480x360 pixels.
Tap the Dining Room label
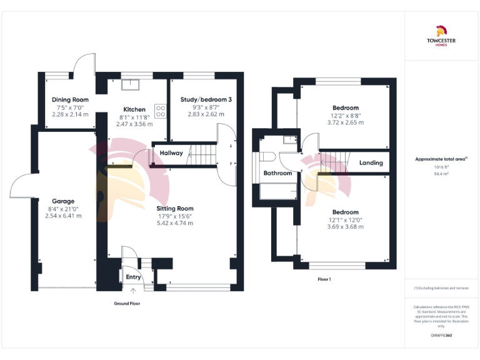pos(70,99)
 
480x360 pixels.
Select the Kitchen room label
pos(134,109)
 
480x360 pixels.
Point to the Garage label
pos(63,201)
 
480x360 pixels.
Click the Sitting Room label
pos(174,208)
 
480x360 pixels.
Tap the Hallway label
pos(171,153)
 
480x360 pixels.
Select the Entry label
pos(133,277)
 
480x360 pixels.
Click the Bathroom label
pos(277,173)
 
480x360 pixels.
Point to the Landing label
pos(371,163)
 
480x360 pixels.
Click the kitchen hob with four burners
pos(161,111)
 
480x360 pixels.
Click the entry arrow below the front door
pos(133,291)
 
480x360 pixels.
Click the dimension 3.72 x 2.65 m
pos(345,122)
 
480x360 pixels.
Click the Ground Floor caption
pos(127,304)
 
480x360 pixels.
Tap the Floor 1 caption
pos(324,279)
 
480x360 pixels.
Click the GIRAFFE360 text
pos(441,336)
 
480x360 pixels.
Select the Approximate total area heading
pos(441,159)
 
